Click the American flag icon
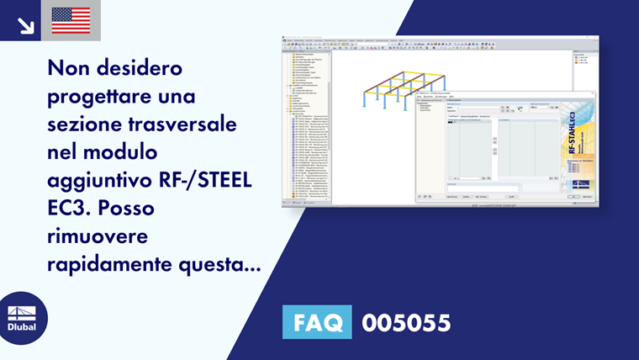click(x=71, y=20)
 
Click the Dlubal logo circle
click(x=22, y=317)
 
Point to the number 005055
click(x=406, y=322)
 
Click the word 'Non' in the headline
click(x=69, y=66)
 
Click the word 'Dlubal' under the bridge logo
click(x=22, y=327)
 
